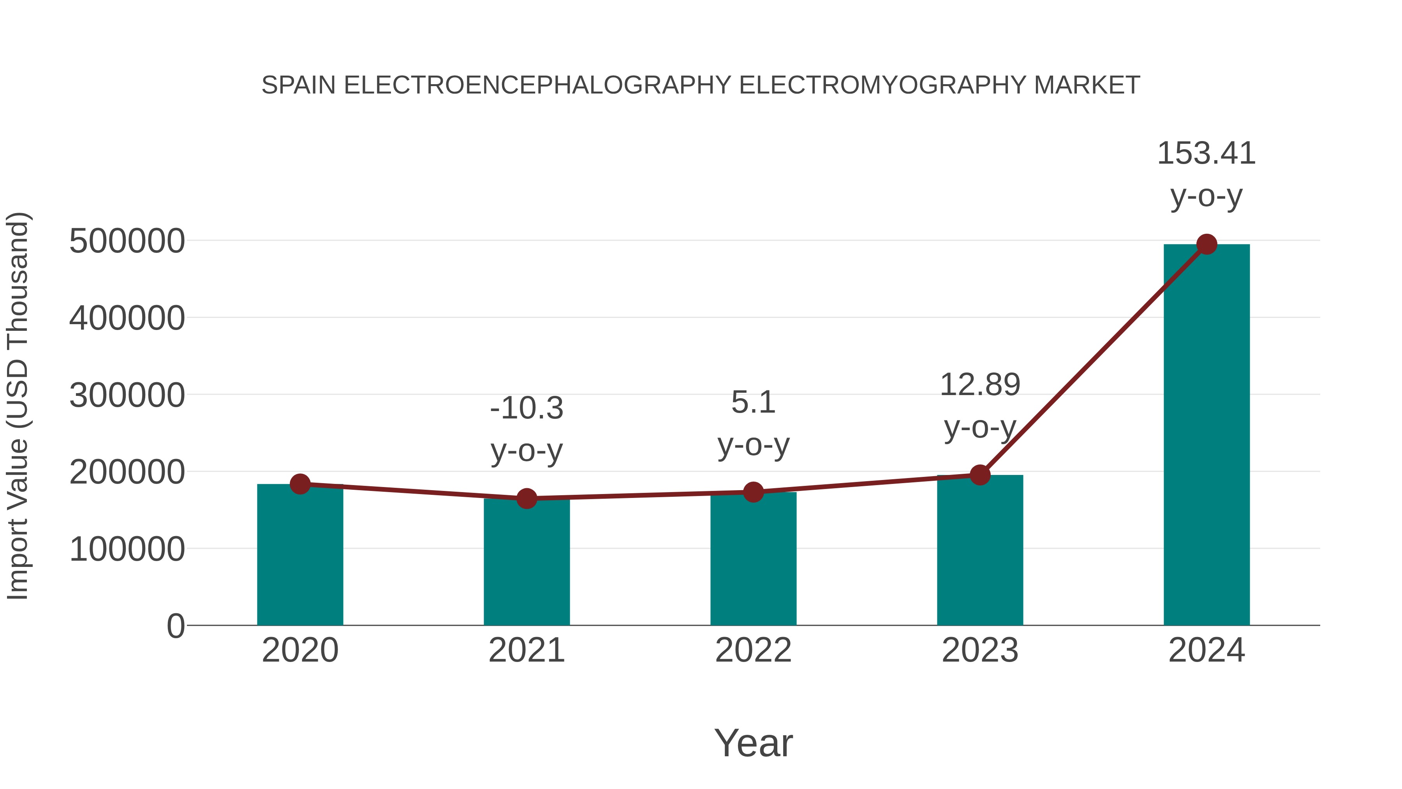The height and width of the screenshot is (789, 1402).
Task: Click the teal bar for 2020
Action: point(300,555)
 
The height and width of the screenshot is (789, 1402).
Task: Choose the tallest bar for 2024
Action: point(1206,436)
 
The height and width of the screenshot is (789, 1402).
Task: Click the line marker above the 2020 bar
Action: point(300,484)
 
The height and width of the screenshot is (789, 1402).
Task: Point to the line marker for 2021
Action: point(526,498)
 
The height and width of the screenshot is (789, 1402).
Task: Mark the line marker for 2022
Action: point(753,492)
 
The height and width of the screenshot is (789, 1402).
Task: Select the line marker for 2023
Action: point(980,475)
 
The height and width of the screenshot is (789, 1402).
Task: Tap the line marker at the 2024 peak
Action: point(1206,244)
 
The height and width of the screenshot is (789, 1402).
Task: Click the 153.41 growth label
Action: point(1206,154)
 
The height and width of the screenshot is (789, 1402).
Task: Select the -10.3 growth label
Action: point(526,408)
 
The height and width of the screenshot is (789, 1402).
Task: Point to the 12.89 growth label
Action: point(980,385)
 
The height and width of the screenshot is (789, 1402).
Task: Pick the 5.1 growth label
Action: point(753,403)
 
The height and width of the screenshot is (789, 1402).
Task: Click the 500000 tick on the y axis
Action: point(127,241)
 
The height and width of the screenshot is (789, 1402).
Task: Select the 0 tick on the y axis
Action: point(175,626)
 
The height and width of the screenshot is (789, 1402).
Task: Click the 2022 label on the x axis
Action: point(753,651)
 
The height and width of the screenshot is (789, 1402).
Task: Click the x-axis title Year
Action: point(753,743)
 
